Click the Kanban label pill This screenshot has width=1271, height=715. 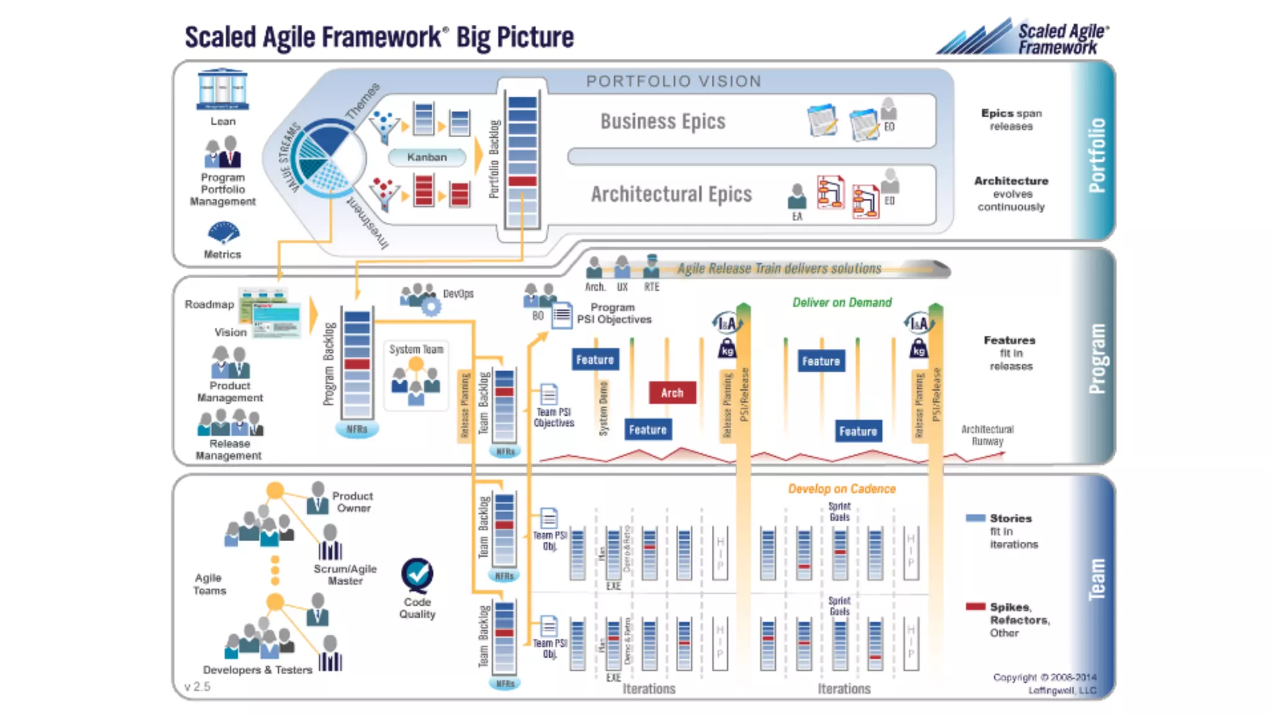click(427, 157)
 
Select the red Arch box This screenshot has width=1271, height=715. click(672, 393)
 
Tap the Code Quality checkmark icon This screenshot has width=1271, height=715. click(417, 575)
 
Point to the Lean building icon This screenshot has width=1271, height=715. click(223, 90)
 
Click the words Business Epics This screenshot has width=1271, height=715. click(662, 122)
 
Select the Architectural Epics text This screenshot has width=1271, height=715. click(671, 194)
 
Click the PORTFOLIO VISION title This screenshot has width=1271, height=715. click(673, 81)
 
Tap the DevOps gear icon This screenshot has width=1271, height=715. click(431, 306)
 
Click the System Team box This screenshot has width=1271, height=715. click(416, 375)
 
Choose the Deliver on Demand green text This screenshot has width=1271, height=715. click(842, 302)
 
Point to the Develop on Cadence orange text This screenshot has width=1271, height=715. click(842, 488)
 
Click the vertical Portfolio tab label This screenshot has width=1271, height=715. click(1097, 155)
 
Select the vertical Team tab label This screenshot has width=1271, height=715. click(1097, 578)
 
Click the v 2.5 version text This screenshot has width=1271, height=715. click(197, 686)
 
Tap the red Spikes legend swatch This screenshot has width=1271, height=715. click(975, 606)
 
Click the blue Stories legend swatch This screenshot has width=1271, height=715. click(975, 518)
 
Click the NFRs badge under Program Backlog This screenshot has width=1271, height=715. click(357, 429)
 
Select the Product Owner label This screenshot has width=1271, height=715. click(353, 501)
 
